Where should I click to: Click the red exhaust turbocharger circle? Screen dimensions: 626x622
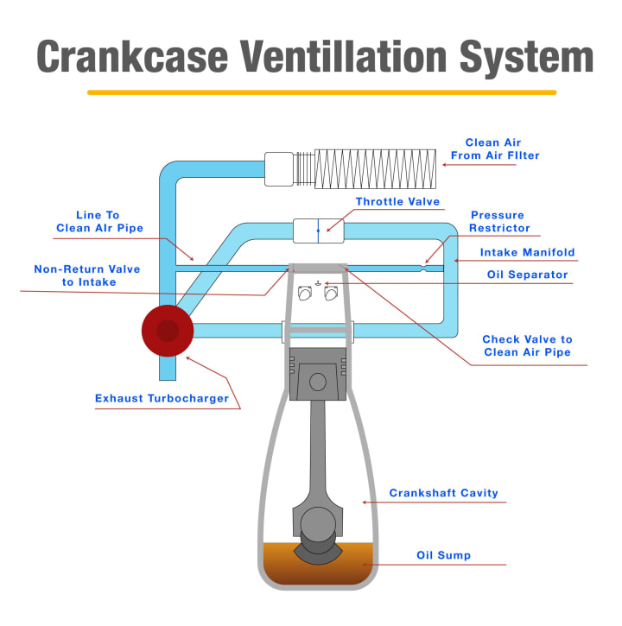point(168,330)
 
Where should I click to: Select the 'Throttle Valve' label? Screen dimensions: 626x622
point(397,202)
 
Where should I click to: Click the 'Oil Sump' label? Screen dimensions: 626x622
point(443,555)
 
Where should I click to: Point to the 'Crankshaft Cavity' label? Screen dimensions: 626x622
point(443,493)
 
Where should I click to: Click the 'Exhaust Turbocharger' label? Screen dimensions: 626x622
point(162,399)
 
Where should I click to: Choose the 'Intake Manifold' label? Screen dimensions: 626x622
point(527,253)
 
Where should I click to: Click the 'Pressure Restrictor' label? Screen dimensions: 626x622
point(497,222)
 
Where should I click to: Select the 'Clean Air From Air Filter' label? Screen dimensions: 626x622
point(494,149)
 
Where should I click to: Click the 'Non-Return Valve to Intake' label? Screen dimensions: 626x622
point(86,275)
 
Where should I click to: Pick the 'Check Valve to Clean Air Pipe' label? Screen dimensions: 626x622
point(527,345)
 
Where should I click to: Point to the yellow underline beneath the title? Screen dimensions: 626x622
point(321,92)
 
